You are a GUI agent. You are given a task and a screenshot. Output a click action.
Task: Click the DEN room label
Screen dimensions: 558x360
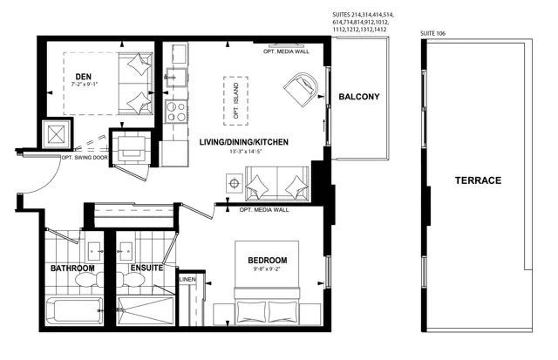coord(84,77)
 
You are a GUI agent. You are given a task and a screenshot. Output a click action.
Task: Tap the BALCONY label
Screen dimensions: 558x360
coord(358,97)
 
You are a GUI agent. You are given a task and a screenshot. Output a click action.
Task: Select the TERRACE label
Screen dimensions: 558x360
coord(478,180)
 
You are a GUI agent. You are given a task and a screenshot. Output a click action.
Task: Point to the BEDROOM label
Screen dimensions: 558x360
coord(268,261)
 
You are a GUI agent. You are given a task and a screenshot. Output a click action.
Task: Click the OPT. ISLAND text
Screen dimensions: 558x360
coord(236,101)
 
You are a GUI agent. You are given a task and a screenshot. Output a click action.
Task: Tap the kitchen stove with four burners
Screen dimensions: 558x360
coord(176,112)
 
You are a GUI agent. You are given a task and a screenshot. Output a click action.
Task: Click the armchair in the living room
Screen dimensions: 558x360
coord(302,89)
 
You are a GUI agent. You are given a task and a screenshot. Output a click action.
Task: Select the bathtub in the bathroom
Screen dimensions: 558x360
coord(75,310)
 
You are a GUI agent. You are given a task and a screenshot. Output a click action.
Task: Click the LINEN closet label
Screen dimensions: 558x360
coord(187,280)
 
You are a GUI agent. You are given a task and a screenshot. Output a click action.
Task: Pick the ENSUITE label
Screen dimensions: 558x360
coord(146,268)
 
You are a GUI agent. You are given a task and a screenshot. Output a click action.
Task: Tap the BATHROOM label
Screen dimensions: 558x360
coord(72,268)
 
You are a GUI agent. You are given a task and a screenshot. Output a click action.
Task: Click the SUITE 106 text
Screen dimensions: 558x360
coord(432,33)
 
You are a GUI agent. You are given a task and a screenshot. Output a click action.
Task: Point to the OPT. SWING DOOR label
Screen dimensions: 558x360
coord(85,158)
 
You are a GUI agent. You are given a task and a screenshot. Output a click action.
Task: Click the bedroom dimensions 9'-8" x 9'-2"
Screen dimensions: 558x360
coord(268,269)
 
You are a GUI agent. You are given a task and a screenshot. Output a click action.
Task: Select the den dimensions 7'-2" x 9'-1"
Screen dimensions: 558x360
coord(85,85)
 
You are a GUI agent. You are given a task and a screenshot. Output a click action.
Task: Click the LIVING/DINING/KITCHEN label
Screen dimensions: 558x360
coord(244,142)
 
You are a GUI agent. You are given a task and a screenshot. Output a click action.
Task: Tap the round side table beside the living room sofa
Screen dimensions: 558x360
coord(235,184)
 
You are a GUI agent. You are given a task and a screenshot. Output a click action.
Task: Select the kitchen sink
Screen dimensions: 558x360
coord(176,78)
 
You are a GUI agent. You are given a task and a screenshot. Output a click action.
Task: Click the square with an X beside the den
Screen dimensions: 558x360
coord(56,134)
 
